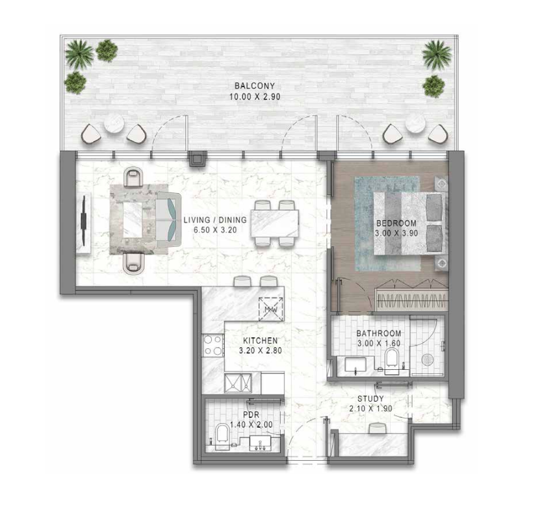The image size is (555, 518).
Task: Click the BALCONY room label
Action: [255, 86]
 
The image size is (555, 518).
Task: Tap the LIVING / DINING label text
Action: [215, 220]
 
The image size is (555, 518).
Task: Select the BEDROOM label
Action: [396, 224]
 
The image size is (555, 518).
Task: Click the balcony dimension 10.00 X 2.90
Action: [255, 97]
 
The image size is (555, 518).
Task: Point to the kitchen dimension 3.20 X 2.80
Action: [260, 351]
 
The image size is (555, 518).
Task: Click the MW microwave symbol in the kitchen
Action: [271, 309]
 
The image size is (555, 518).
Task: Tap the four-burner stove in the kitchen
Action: [213, 346]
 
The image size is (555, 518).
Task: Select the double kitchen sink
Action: [238, 383]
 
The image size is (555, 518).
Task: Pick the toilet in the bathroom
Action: [392, 360]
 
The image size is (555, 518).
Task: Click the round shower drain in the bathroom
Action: [428, 359]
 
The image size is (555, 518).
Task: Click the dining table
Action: [275, 223]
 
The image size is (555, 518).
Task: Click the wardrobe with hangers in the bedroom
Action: [411, 299]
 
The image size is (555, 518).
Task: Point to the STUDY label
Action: [370, 398]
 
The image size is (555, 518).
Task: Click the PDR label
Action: [252, 415]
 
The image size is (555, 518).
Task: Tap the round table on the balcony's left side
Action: [114, 124]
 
